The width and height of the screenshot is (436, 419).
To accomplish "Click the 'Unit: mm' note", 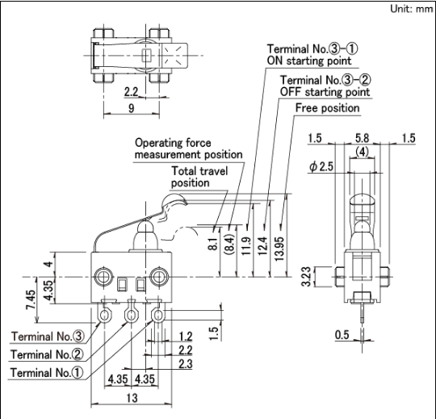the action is point(411,9).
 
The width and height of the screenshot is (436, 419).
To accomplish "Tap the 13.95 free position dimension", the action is point(279,249).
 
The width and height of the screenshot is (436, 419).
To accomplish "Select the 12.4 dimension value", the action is point(262,246).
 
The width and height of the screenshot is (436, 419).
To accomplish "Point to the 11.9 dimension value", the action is point(246,246).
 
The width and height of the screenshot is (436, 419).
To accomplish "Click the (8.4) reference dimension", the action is point(230,245).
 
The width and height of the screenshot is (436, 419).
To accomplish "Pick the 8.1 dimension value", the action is point(213,244).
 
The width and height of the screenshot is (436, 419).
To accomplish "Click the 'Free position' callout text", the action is point(327,108).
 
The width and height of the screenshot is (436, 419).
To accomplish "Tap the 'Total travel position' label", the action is point(199,177).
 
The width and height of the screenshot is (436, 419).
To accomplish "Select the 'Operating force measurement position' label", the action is point(188,149).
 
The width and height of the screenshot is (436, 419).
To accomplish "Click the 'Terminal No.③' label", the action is point(47,336).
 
